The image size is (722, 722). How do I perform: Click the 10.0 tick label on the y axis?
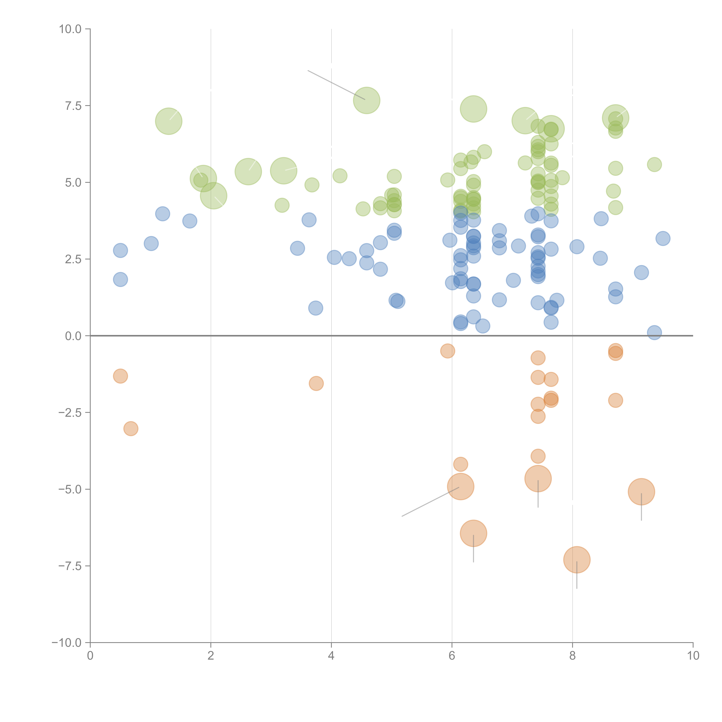(70, 29)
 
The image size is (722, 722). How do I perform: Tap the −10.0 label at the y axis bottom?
(67, 643)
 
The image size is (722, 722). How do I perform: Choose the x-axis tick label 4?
(331, 656)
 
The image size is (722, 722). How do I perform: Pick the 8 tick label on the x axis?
(573, 656)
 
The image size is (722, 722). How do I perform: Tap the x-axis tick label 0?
(90, 656)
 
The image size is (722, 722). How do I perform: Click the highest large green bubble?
(367, 100)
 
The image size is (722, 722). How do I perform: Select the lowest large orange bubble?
(577, 559)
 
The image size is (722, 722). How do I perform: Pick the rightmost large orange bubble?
(641, 492)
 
